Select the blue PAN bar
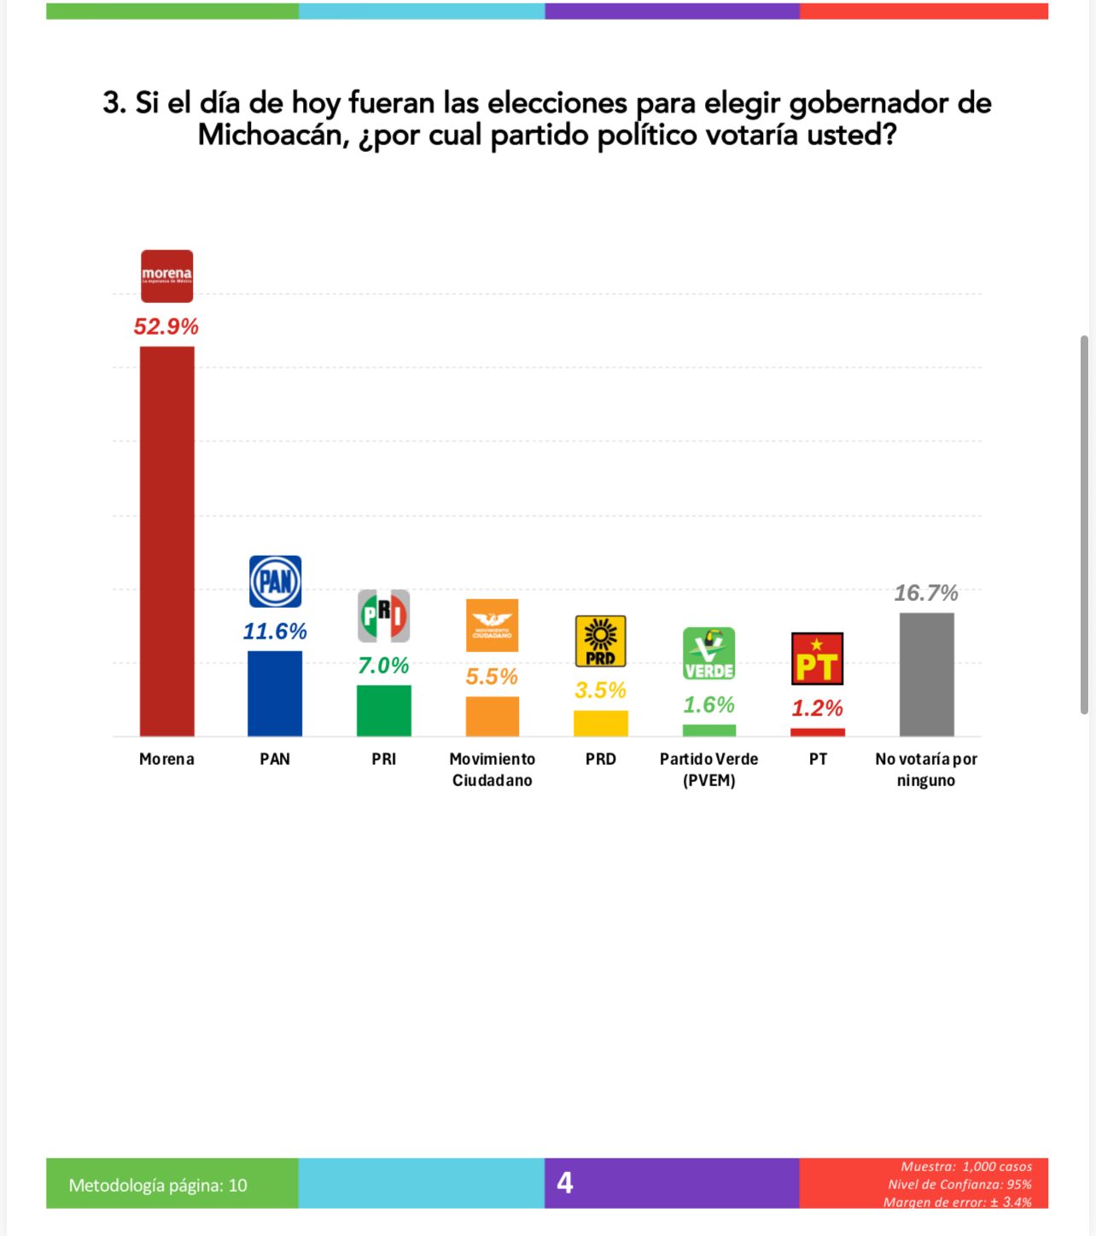[275, 693]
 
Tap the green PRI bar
[383, 710]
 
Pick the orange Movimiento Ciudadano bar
[492, 716]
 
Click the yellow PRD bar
[600, 723]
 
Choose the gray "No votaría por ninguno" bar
[926, 674]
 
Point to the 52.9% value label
[166, 326]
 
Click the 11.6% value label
[275, 631]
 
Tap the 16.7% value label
[926, 592]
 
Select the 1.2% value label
[818, 708]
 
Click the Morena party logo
[166, 276]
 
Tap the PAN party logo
[275, 581]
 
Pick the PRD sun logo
[600, 640]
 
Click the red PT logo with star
[818, 658]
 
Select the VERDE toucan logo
[708, 653]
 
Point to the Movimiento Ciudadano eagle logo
[492, 625]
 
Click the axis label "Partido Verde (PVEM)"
[708, 769]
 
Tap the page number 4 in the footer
[564, 1182]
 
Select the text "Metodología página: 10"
[158, 1185]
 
